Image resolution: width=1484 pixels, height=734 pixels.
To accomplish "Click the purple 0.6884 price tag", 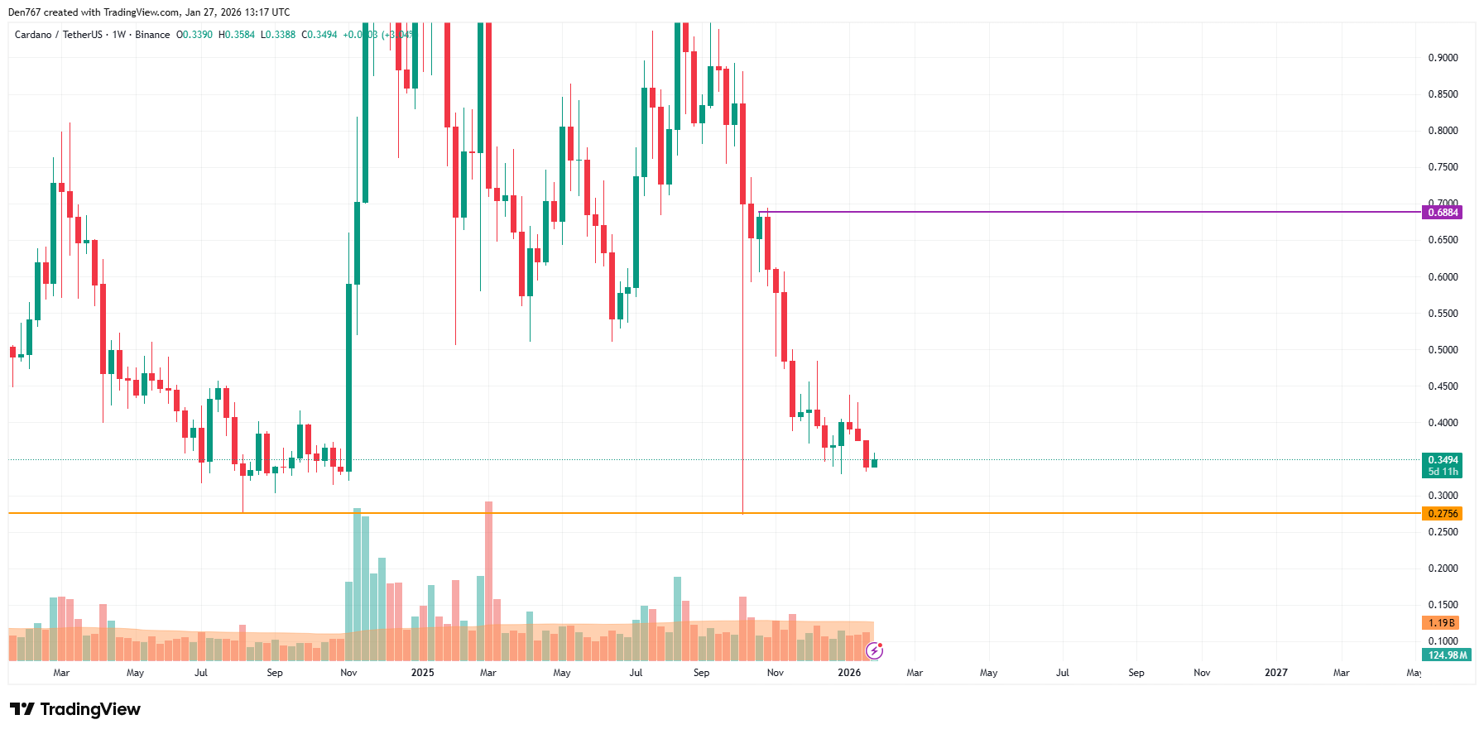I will (1442, 213).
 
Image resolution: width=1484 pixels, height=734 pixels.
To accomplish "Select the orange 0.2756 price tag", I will (1442, 514).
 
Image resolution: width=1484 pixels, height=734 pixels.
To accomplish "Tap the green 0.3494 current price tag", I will (1442, 460).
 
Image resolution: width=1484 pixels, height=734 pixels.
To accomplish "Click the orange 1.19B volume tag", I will (1441, 623).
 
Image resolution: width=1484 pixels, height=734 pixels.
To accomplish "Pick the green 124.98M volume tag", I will (1447, 655).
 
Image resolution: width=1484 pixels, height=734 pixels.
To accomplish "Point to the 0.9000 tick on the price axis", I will (1443, 58).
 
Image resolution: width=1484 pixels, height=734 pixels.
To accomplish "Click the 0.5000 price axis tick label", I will (1443, 350).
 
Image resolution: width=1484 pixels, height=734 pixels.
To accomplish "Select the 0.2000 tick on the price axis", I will (1443, 568).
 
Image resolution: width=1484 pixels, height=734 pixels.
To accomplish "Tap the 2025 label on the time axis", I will (422, 673).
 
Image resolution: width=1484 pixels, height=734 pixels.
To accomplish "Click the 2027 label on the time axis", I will (1275, 673).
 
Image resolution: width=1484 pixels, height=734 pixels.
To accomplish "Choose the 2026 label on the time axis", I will (849, 673).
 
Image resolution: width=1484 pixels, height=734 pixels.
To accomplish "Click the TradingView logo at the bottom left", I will (75, 709).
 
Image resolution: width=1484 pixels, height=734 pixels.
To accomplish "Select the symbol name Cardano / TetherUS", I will (59, 35).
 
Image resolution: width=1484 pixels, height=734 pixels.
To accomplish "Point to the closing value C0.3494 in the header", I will (319, 35).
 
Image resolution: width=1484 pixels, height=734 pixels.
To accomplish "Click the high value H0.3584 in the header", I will (237, 35).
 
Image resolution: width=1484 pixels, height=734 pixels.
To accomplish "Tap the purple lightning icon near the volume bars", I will (874, 650).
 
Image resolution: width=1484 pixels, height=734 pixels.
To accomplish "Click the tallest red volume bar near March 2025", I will (488, 579).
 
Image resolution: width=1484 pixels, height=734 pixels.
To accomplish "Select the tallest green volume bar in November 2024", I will (357, 583).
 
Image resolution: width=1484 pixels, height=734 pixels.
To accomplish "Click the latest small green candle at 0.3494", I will (874, 463).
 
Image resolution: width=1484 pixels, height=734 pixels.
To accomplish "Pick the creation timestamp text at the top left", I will (149, 12).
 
